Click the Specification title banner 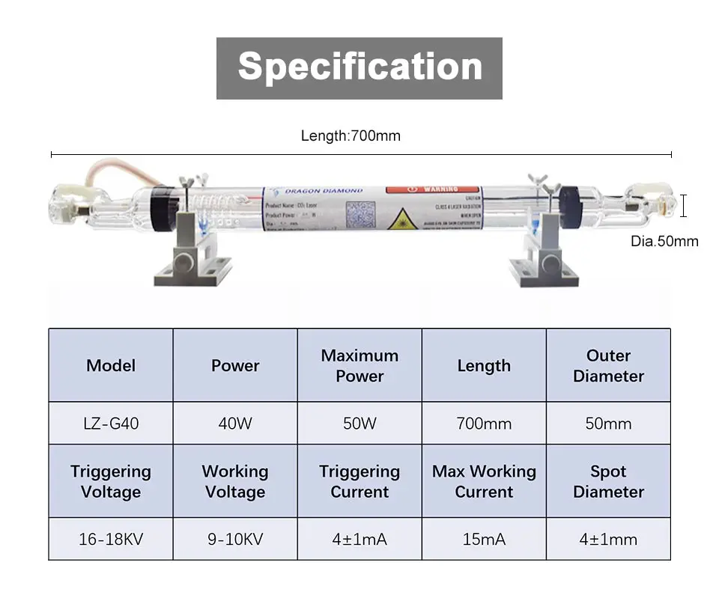click(359, 67)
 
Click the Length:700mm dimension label click(351, 135)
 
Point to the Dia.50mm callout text click(664, 241)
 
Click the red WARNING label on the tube click(432, 189)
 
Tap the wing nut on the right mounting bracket click(536, 180)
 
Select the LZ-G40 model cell click(111, 424)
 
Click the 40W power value click(235, 424)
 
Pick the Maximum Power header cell click(359, 366)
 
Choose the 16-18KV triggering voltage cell click(111, 539)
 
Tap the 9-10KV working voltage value click(235, 539)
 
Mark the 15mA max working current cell click(484, 539)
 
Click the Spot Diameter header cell click(608, 481)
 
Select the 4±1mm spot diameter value click(608, 539)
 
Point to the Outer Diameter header click(608, 366)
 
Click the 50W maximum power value click(359, 424)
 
